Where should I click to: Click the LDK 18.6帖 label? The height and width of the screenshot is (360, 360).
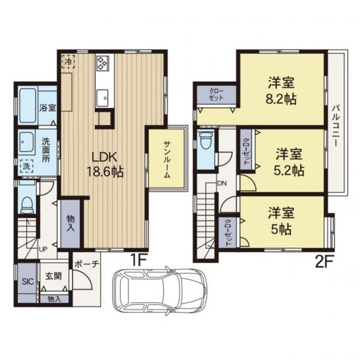click(x=105, y=164)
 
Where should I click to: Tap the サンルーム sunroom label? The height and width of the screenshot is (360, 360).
click(x=167, y=159)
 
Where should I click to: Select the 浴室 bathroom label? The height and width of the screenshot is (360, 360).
click(x=48, y=108)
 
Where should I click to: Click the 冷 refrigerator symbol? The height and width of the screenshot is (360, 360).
click(x=68, y=61)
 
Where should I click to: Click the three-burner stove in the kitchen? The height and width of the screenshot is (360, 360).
click(x=102, y=62)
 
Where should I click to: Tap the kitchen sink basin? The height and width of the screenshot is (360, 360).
click(x=103, y=98)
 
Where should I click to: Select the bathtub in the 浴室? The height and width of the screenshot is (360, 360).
click(x=28, y=106)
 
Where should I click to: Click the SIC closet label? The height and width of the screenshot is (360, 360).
click(x=28, y=281)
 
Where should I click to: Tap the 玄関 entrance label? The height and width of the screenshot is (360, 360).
click(x=53, y=276)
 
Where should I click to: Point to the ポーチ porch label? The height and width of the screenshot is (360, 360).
click(x=87, y=264)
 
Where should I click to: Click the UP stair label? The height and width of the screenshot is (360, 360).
click(x=43, y=249)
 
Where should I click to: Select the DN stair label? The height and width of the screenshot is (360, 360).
click(x=222, y=183)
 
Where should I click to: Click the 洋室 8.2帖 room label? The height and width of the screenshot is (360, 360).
click(x=281, y=91)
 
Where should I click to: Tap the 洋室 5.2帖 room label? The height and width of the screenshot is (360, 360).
click(x=289, y=162)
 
